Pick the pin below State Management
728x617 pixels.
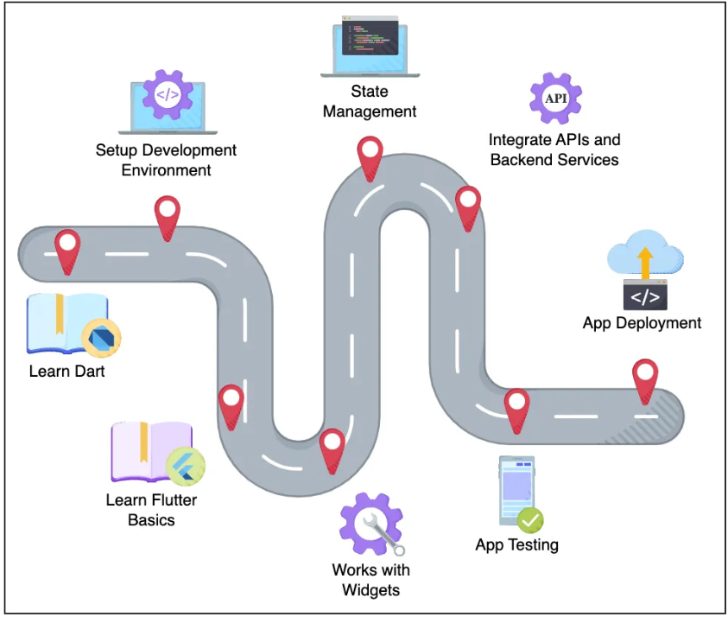(370, 153)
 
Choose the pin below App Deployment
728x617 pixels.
(645, 378)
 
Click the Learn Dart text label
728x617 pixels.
(67, 372)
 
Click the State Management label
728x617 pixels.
(370, 101)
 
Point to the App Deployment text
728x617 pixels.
(642, 323)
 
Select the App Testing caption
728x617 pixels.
(516, 544)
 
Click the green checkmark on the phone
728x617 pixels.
(530, 519)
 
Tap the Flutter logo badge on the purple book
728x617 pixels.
(185, 468)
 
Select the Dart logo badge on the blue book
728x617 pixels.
(101, 337)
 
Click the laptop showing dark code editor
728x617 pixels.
(370, 44)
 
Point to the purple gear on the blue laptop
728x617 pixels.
(168, 95)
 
